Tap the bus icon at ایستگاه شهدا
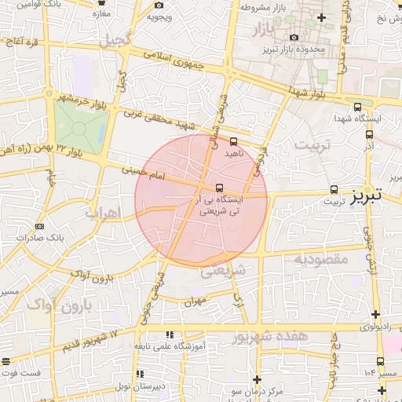358,107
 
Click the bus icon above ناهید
233,141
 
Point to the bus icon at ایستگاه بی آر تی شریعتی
219,188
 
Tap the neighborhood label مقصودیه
320,259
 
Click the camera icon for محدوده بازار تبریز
294,37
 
